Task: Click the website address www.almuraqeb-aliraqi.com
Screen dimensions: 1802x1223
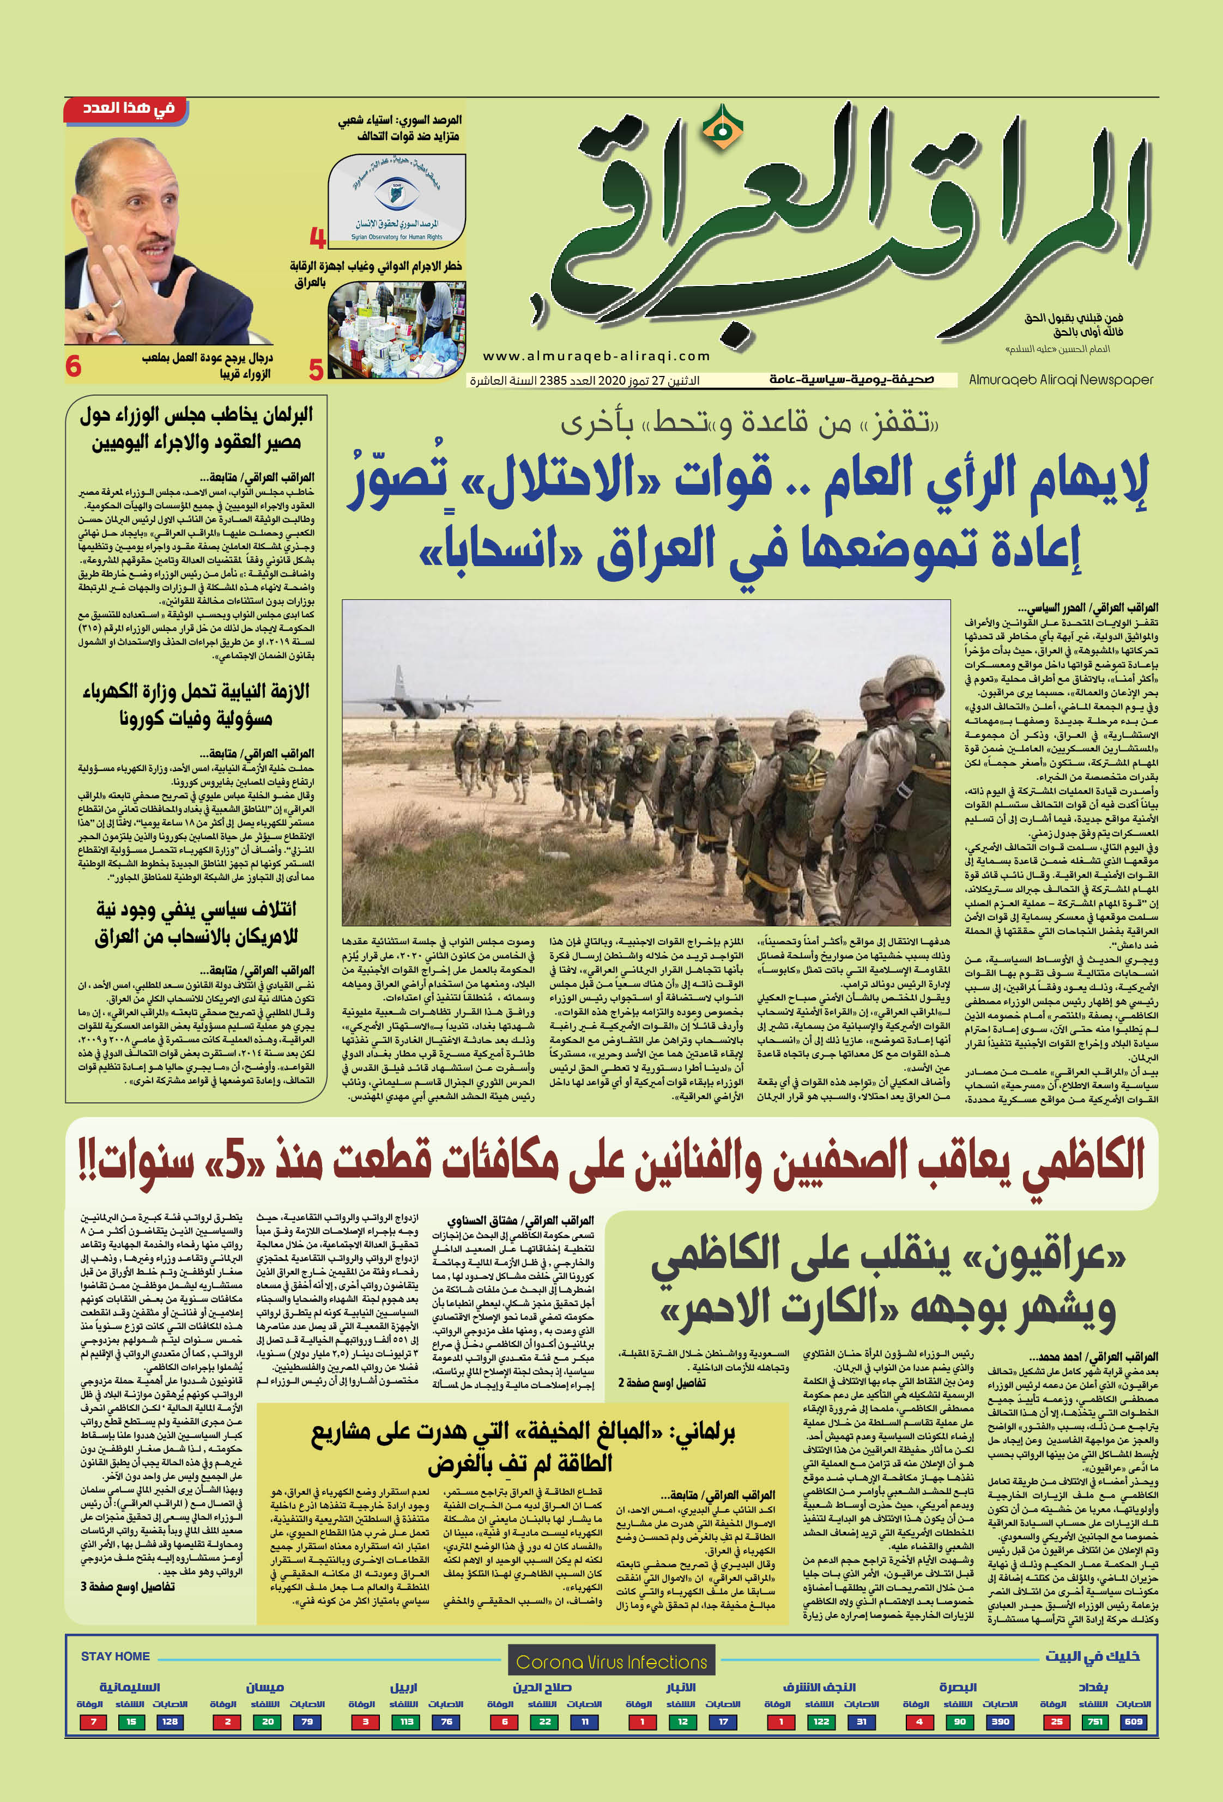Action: click(x=596, y=356)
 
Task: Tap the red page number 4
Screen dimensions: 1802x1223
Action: click(x=317, y=236)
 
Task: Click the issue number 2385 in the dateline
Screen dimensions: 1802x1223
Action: click(x=552, y=381)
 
